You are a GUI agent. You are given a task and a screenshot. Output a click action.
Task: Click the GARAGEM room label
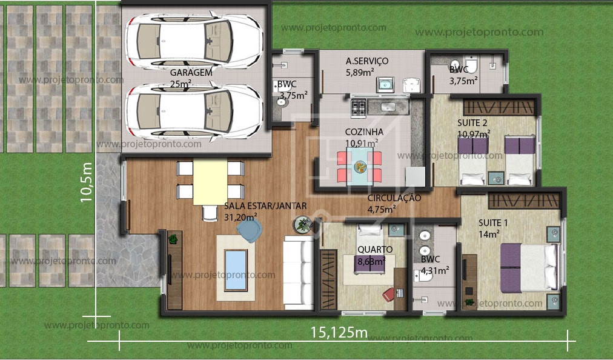coord(191,72)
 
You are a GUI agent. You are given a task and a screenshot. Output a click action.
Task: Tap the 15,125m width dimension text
coord(339,332)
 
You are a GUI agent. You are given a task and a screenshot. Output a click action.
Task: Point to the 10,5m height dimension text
coord(86,182)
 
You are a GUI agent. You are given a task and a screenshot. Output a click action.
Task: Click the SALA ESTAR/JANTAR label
coord(265,206)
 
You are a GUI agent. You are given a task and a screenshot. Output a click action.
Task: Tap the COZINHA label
coord(364,132)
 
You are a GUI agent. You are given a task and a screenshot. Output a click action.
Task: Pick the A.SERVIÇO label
coord(367,61)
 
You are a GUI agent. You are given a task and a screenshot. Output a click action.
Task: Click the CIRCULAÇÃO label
coord(394,198)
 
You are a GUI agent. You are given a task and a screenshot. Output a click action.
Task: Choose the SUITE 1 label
coord(493,222)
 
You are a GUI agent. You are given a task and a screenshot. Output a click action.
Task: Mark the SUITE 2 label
coord(472,122)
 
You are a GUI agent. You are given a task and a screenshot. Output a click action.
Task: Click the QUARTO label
coord(374,249)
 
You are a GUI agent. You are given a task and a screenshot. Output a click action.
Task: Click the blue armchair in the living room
coord(250,230)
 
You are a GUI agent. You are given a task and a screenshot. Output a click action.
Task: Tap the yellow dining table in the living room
coord(210,182)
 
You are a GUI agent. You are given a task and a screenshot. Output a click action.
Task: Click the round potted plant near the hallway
coord(301,225)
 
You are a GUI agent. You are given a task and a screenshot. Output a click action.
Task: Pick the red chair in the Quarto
coord(388,295)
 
